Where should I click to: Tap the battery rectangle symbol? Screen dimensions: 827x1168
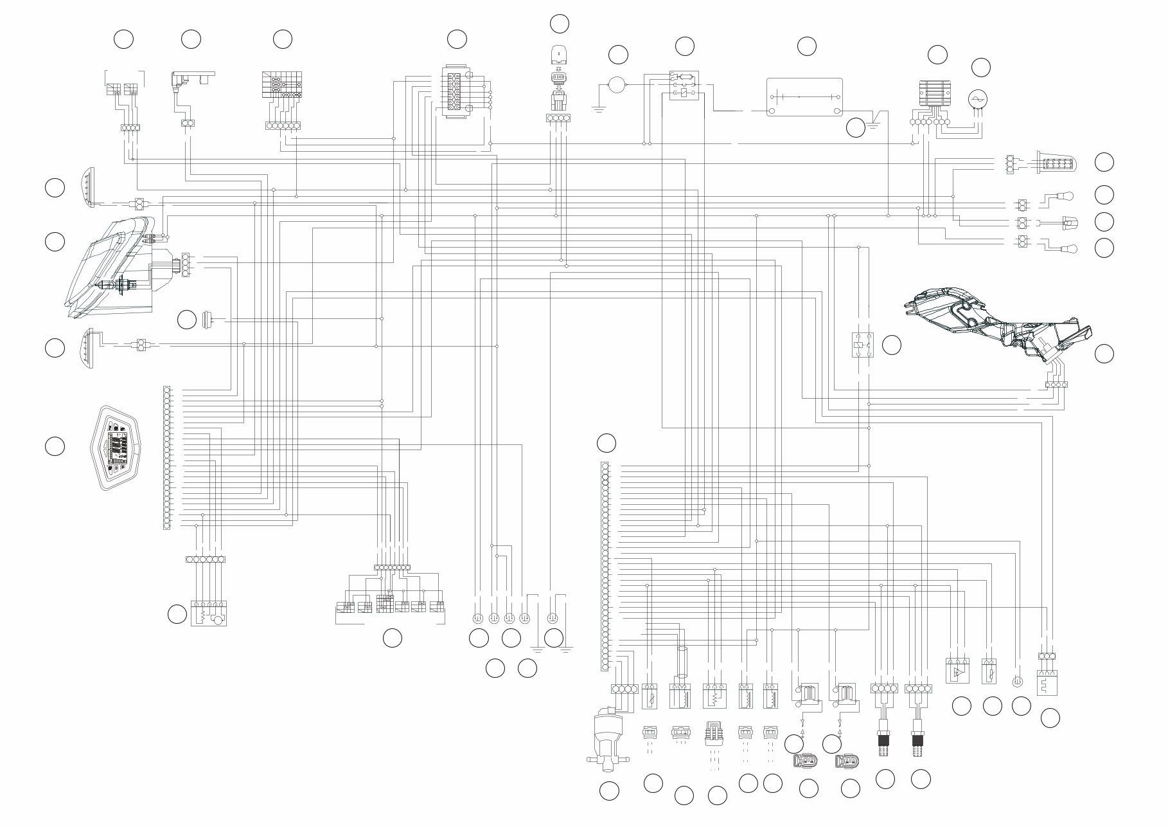coord(804,97)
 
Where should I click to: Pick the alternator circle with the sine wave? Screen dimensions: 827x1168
coord(978,98)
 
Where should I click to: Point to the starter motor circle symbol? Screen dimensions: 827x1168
coord(617,85)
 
